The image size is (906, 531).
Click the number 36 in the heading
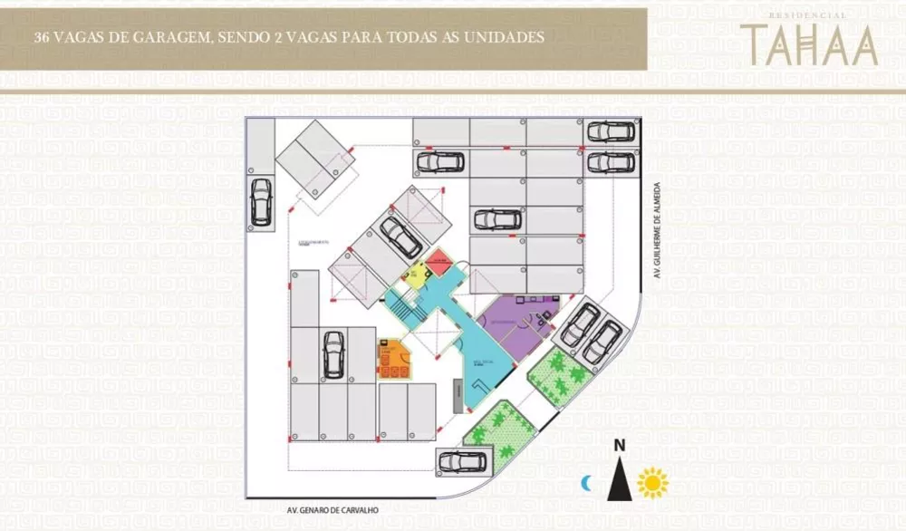(41, 38)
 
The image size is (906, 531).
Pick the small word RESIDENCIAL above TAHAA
(807, 15)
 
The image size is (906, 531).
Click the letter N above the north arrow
(620, 445)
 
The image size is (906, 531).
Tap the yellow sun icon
(652, 483)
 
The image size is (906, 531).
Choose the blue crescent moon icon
(587, 484)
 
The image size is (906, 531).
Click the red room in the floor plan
(439, 263)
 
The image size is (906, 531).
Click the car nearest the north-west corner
(261, 200)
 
